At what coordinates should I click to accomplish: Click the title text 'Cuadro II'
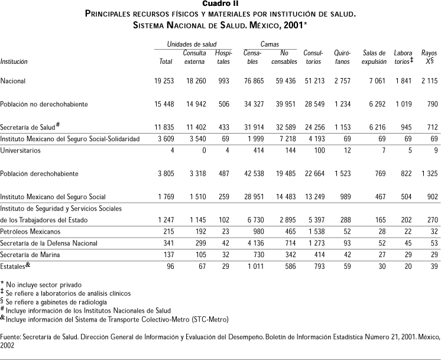pos(220,4)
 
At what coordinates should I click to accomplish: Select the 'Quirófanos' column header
pos(343,57)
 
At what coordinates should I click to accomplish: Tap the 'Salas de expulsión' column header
pos(374,57)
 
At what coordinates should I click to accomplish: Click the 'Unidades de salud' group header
pos(192,44)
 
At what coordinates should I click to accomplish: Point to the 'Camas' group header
pos(270,44)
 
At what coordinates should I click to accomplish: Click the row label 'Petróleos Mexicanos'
pos(31,231)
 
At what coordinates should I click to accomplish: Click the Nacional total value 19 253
pos(160,80)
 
